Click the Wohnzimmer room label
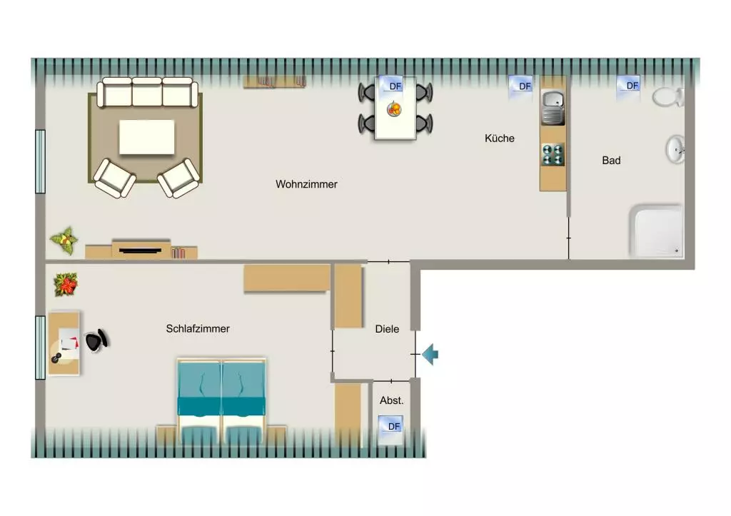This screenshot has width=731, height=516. coord(306,184)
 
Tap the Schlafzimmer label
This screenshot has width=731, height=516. coord(198,328)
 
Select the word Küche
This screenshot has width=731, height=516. coord(499,138)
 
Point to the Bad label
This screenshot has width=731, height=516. coord(611,161)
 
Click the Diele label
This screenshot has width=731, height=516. coord(387,329)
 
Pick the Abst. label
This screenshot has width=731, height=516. coord(392,400)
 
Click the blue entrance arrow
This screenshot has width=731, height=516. coord(430,354)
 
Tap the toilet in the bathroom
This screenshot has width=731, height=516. coord(668,97)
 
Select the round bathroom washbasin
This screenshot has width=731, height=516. coord(675,149)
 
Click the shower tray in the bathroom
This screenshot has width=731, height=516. coord(657,231)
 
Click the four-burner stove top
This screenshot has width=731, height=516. coord(553,155)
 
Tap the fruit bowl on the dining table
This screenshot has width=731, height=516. coord(394,109)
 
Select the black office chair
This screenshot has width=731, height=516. coord(97,340)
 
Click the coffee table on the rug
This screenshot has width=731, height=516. coord(147,137)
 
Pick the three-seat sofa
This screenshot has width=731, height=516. coord(147,92)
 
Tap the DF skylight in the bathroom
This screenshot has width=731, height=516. coord(628,88)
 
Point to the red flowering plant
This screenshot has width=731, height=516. coord(65,284)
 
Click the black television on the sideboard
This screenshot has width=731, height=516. coord(140,251)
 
